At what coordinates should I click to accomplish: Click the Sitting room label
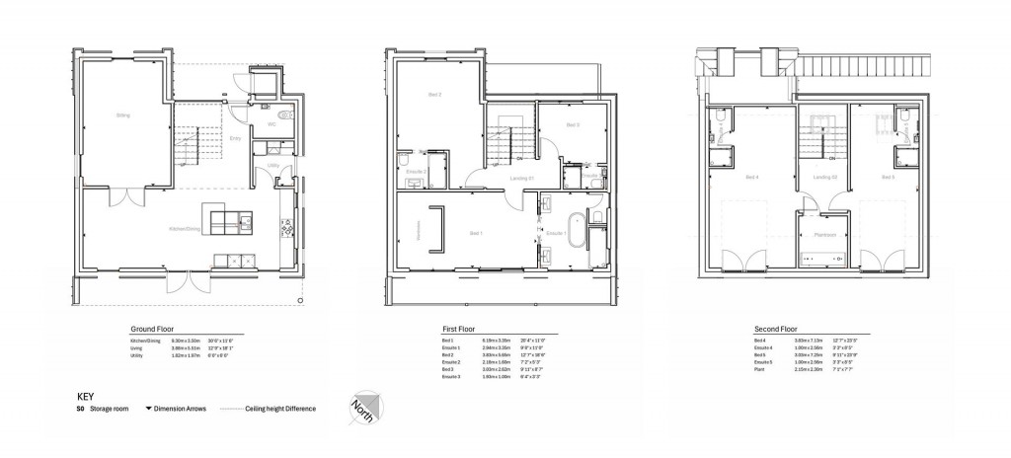point(123,115)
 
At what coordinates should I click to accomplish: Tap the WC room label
point(272,124)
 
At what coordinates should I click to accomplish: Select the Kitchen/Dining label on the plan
point(185,229)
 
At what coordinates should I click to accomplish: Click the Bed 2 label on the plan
point(434,95)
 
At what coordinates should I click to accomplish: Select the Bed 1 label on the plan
point(476,233)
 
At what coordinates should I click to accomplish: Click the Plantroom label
point(825,235)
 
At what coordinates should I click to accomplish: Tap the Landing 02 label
point(825,178)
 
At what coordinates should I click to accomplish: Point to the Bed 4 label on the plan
point(752,178)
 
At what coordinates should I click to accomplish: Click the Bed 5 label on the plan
point(888,178)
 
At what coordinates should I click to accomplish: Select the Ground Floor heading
point(151,328)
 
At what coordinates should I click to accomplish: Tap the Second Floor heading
point(774,328)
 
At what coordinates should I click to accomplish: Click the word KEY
point(86,396)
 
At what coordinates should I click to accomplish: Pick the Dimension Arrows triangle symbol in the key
point(146,408)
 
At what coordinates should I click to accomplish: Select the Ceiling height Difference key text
point(281,408)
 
